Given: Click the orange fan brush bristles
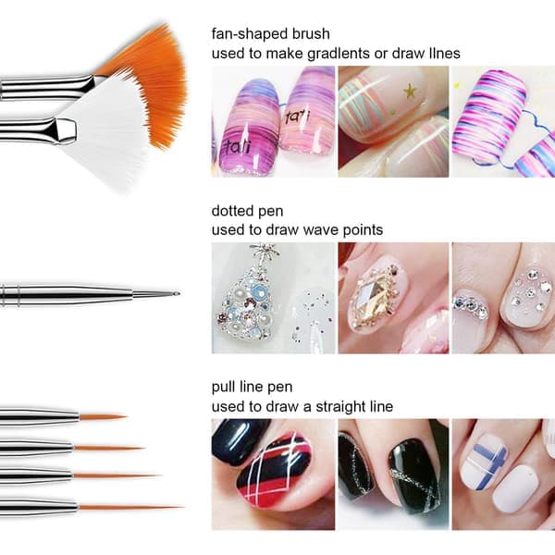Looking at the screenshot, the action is [155, 81].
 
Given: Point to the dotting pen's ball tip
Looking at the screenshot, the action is [177, 293].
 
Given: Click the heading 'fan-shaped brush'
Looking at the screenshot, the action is [270, 34].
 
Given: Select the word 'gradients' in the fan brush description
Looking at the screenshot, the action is [339, 54].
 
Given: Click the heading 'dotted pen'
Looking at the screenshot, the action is [247, 211].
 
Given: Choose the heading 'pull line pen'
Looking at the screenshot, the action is [252, 388].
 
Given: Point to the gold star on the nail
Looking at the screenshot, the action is [410, 92].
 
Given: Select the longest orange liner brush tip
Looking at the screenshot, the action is [130, 508].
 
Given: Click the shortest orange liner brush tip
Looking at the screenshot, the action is [103, 417].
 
